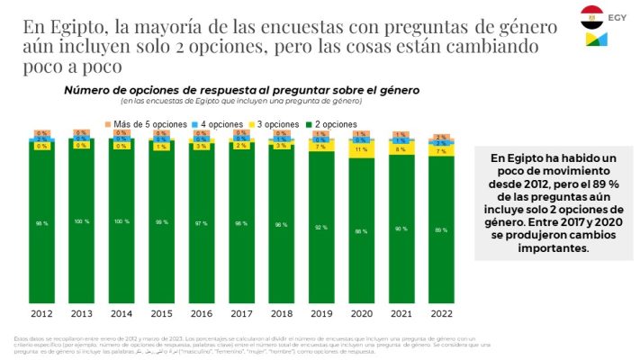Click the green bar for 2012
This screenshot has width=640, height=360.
42,225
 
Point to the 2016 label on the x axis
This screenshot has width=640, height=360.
202,314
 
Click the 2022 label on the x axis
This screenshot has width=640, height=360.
440,314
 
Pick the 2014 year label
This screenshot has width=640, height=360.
122,314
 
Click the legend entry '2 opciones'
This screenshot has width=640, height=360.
338,124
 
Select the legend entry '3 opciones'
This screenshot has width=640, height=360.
283,124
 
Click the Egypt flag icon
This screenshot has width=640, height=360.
592,16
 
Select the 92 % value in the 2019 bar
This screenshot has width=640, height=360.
321,228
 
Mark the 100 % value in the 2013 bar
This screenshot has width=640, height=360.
82,220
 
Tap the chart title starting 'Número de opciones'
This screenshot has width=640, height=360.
240,91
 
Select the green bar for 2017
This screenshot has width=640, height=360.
241,225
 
